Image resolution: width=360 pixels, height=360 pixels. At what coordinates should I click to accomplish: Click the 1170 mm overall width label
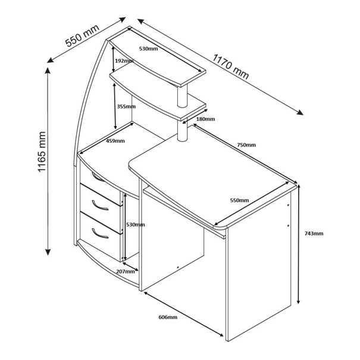tap(230, 67)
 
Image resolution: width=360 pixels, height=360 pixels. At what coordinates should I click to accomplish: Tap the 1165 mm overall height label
tap(42, 152)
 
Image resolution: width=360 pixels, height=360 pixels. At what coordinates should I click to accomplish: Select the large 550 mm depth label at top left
tap(82, 35)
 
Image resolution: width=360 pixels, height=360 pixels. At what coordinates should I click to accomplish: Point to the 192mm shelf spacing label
tap(124, 61)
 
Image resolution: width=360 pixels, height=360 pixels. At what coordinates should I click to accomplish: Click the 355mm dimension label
tap(126, 107)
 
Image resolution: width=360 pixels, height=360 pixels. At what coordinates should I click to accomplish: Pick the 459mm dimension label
tap(115, 141)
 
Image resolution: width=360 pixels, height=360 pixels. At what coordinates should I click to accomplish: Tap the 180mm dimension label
tap(205, 119)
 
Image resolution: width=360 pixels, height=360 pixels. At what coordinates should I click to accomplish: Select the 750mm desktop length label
tap(246, 145)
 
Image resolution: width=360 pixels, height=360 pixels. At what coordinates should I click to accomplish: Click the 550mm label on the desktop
tap(239, 201)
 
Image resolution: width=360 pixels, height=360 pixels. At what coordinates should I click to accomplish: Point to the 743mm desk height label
tap(314, 233)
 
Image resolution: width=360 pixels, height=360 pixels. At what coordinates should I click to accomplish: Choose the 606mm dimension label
tap(168, 317)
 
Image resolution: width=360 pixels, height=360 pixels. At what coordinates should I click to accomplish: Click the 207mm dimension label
tap(126, 271)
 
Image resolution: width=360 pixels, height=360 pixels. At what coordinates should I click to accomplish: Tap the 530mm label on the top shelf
tap(149, 48)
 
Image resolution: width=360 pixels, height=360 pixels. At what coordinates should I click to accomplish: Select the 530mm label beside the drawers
tap(136, 224)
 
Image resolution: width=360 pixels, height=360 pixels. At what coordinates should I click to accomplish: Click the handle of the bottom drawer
tap(99, 234)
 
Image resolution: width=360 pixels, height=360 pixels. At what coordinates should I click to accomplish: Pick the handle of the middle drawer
tap(99, 205)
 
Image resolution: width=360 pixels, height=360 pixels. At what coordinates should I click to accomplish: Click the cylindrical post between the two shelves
tap(182, 96)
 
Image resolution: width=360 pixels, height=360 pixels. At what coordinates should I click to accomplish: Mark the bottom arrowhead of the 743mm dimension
tap(298, 301)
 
